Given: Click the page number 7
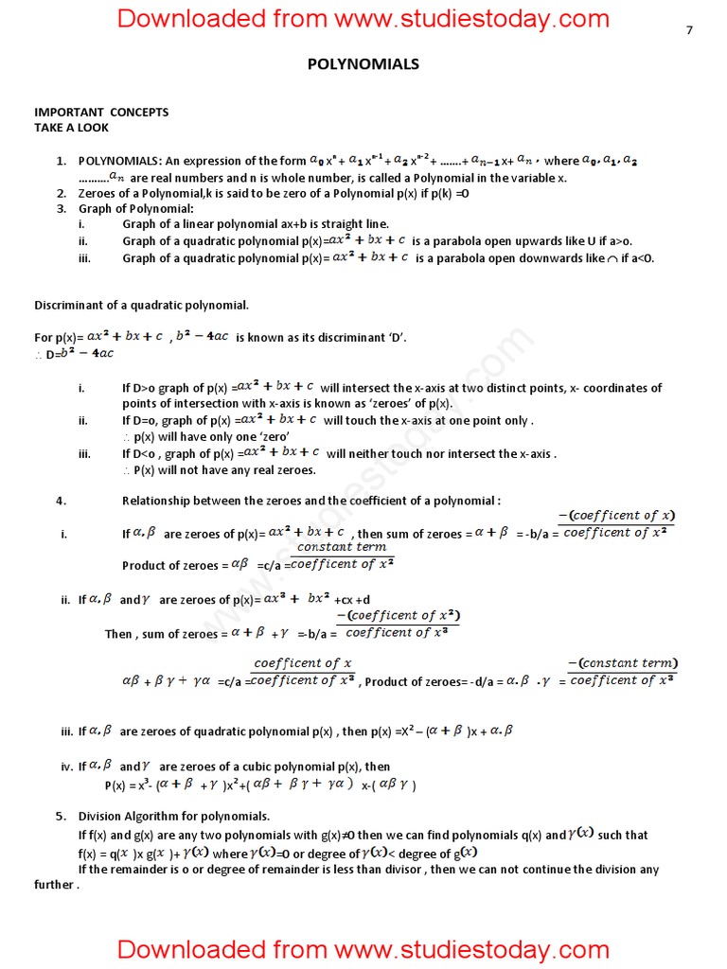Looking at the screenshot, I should (689, 30).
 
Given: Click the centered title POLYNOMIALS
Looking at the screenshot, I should (363, 64).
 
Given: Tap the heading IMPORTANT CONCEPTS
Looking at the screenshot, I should (101, 112).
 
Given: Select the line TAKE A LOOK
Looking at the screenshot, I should (71, 127).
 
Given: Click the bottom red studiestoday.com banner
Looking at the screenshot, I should (363, 948).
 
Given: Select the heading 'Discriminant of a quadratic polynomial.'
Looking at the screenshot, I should (142, 305).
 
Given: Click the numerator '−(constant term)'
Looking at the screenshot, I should (622, 663).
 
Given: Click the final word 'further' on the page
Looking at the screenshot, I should (55, 885).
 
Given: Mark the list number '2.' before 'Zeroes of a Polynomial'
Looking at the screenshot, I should (61, 193).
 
